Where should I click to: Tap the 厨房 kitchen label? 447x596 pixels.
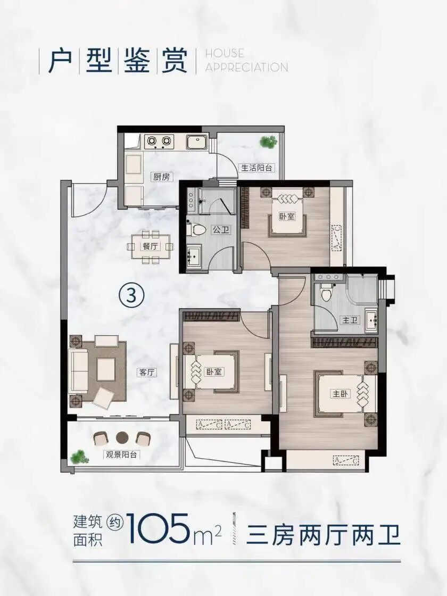[161, 177]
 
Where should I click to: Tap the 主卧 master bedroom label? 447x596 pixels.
[341, 394]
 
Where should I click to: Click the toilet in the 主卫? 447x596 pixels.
[326, 292]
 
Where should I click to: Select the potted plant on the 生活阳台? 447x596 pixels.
[268, 142]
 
